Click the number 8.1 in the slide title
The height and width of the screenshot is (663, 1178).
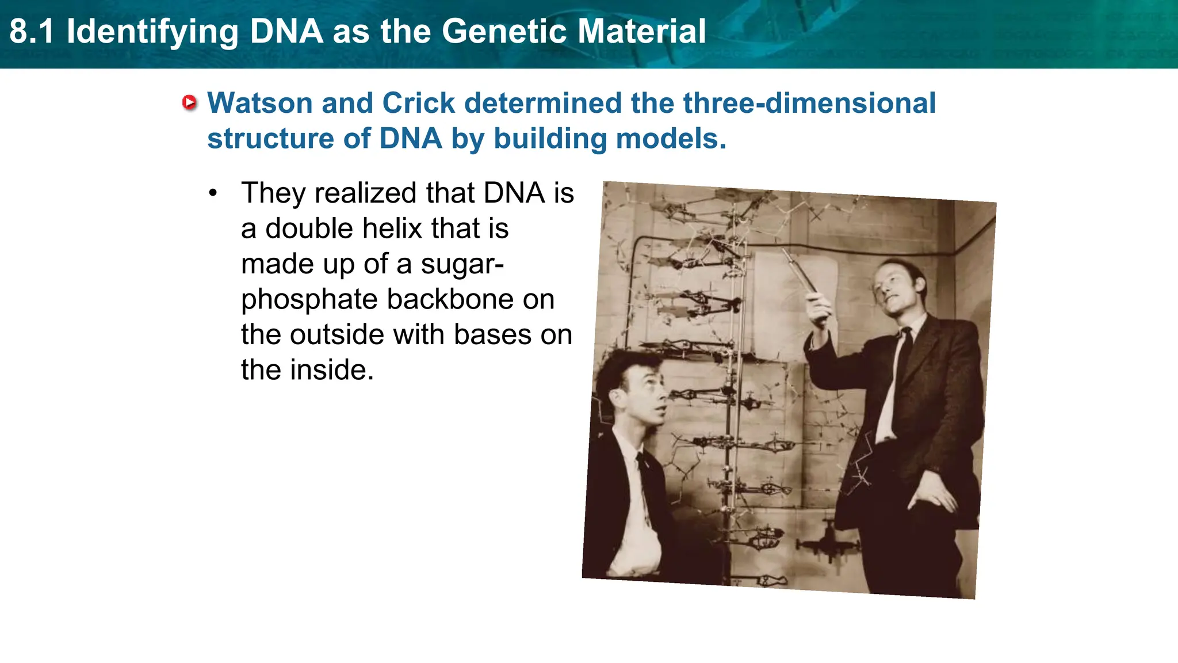[x=32, y=32]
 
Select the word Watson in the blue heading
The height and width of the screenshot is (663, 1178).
[x=259, y=104]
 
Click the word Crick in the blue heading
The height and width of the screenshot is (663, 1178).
[x=418, y=104]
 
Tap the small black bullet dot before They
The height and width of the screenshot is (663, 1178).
[x=213, y=193]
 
